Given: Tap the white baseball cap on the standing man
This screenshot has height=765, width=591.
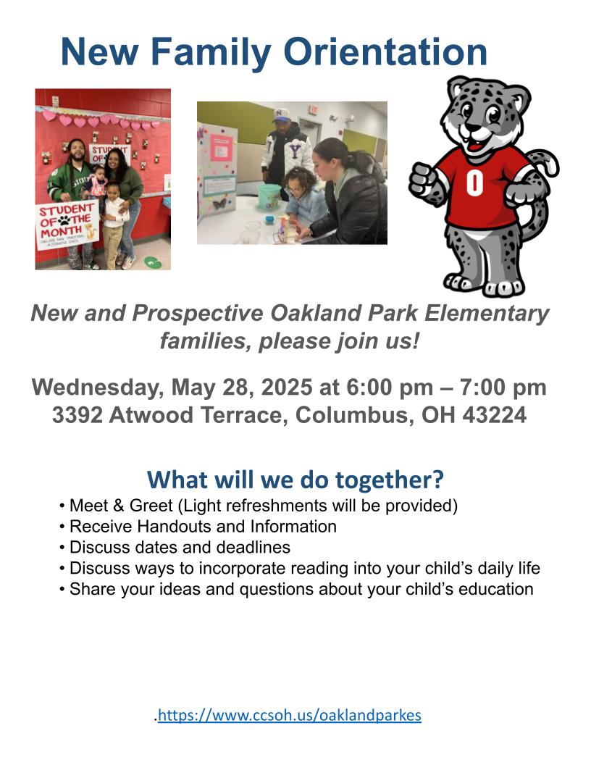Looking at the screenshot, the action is click(x=281, y=114).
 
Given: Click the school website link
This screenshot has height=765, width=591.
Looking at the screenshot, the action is click(x=290, y=715).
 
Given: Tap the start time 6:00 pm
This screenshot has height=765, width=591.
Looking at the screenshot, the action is click(x=390, y=388).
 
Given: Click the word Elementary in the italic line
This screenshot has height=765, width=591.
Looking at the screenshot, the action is click(x=487, y=314).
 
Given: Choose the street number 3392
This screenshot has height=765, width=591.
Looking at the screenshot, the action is click(x=77, y=414).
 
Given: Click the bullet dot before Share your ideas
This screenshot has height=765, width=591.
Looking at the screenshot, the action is click(x=62, y=590).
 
